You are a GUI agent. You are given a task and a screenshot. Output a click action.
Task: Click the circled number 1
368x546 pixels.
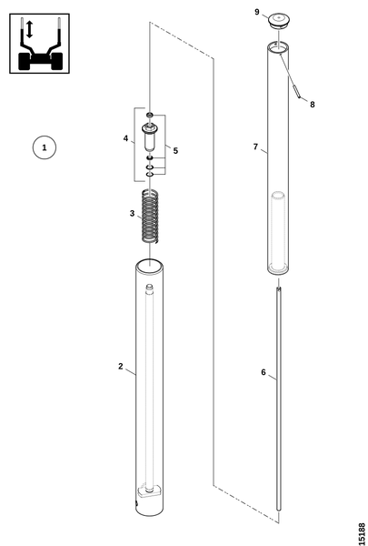pyautogui.click(x=45, y=147)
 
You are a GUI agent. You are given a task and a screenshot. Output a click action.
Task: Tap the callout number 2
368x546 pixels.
pyautogui.click(x=120, y=366)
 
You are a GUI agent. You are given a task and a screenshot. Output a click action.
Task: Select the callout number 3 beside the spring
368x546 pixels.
pyautogui.click(x=132, y=213)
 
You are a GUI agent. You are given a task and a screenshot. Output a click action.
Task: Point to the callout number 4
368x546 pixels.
pyautogui.click(x=125, y=138)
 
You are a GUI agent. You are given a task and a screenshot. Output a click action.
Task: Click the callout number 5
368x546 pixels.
pyautogui.click(x=175, y=151)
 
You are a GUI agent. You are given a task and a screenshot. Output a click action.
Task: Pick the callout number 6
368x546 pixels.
pyautogui.click(x=264, y=372)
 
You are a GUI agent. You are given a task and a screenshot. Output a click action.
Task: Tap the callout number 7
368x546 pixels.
pyautogui.click(x=255, y=147)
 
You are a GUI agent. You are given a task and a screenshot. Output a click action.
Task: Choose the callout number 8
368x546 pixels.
pyautogui.click(x=313, y=105)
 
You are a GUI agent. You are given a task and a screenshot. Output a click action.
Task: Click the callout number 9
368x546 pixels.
pyautogui.click(x=257, y=12)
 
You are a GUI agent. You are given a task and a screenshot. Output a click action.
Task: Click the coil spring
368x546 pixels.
pyautogui.click(x=150, y=216)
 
